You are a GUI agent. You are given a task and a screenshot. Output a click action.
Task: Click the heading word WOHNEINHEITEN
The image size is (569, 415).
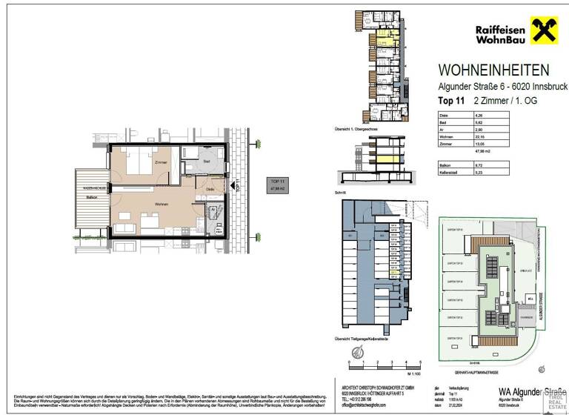[494, 70]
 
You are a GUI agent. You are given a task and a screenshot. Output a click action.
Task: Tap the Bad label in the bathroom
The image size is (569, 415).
[208, 161]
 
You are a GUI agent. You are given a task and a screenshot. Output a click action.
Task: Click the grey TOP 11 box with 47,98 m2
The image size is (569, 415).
[278, 185]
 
